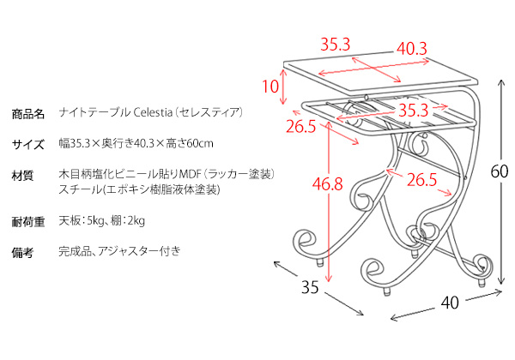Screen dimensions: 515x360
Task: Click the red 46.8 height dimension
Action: click(x=328, y=183)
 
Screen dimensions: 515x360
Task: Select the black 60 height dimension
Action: click(x=500, y=171)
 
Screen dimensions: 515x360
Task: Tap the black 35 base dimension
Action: click(x=310, y=287)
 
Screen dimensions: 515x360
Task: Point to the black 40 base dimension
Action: click(x=450, y=303)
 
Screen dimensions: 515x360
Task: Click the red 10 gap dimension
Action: click(x=270, y=87)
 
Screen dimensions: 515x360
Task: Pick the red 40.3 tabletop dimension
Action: click(x=412, y=49)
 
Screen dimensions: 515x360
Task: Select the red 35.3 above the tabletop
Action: click(x=336, y=45)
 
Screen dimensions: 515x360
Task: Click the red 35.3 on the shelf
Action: click(x=414, y=111)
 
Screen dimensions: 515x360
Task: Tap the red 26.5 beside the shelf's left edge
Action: click(x=301, y=126)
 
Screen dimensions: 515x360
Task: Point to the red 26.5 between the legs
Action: click(x=422, y=180)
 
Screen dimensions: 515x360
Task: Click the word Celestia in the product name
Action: click(x=153, y=112)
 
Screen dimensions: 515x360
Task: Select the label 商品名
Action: click(x=28, y=114)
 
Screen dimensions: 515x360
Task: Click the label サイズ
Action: click(x=28, y=144)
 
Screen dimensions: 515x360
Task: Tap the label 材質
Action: click(x=22, y=176)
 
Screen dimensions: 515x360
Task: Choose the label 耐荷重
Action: click(x=28, y=222)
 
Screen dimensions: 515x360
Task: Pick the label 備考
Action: click(x=22, y=253)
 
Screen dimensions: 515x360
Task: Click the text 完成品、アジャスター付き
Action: click(x=119, y=251)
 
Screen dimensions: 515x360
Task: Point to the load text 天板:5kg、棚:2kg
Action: click(x=102, y=220)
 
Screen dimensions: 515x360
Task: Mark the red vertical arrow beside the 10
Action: click(x=283, y=87)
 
